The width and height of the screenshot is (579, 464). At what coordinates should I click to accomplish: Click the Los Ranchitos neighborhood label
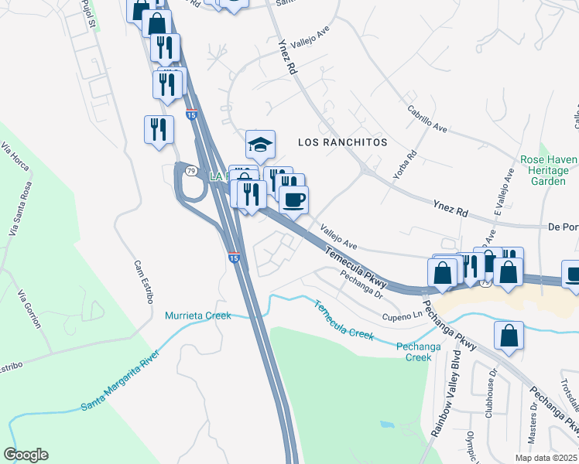[342, 143]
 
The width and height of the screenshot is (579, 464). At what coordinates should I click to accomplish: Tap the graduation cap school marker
[261, 145]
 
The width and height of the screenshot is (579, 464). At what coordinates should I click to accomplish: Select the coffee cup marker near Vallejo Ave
[293, 200]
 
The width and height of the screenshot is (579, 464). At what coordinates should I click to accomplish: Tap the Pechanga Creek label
[419, 352]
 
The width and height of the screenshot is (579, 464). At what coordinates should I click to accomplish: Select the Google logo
[26, 455]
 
